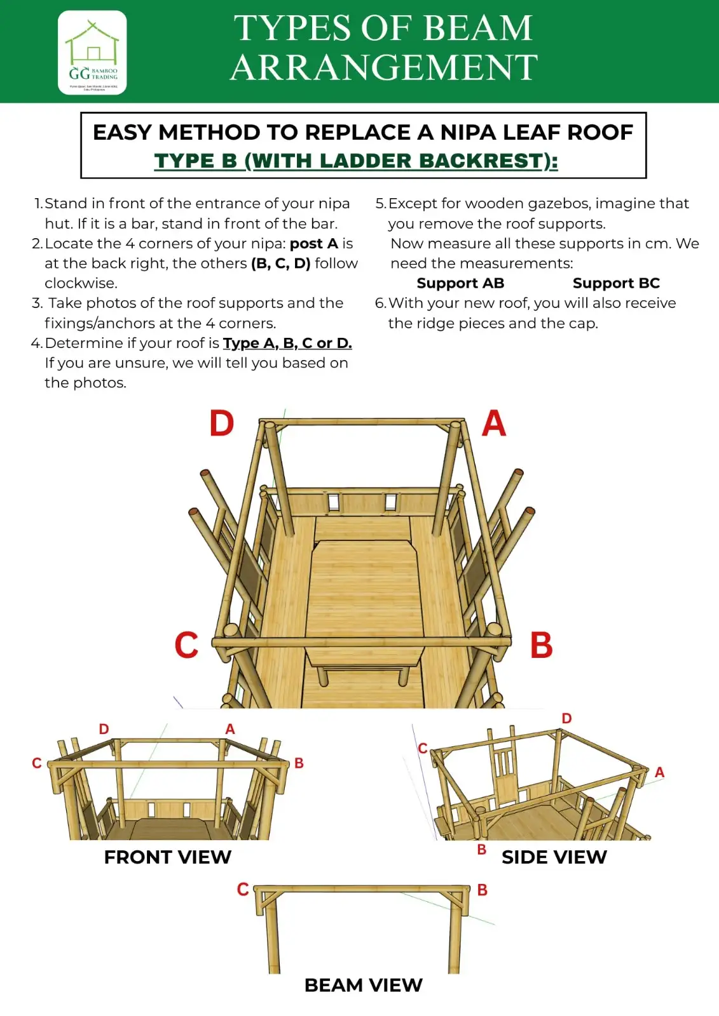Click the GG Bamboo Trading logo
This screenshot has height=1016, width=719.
[x=92, y=53]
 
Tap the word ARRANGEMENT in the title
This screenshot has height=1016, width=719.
[x=384, y=68]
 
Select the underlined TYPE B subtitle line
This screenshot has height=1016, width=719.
[x=356, y=161]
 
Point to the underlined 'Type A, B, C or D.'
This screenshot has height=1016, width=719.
[x=287, y=344]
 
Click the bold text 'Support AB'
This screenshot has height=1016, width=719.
[x=460, y=283]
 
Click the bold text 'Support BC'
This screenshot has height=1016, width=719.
[x=616, y=283]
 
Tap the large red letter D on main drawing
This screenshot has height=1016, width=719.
[x=222, y=424]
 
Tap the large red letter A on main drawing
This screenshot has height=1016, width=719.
[x=494, y=424]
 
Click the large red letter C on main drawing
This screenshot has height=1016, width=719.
[x=186, y=645]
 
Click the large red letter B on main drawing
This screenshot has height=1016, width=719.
[x=541, y=645]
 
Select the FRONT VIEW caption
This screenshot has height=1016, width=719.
[x=168, y=857]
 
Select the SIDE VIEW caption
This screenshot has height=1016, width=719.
[x=554, y=857]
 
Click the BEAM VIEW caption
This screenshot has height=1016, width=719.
[x=363, y=985]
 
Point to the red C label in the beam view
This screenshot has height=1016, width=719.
[x=243, y=889]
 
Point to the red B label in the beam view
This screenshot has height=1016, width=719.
[x=483, y=890]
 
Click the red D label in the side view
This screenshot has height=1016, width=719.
[x=566, y=718]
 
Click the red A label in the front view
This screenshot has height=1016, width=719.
[x=230, y=729]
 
